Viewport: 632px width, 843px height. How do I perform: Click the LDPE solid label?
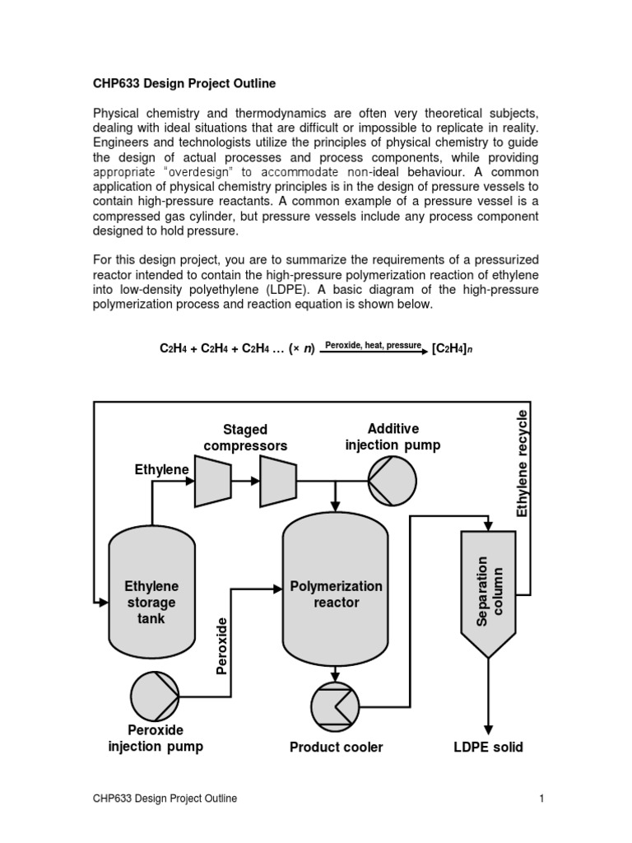(488, 748)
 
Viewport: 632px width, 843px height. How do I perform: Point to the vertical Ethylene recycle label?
(522, 463)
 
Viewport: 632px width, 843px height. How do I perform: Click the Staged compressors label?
(245, 437)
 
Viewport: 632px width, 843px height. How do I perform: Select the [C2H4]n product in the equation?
(452, 349)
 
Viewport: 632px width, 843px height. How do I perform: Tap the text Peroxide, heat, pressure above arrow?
(373, 345)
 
